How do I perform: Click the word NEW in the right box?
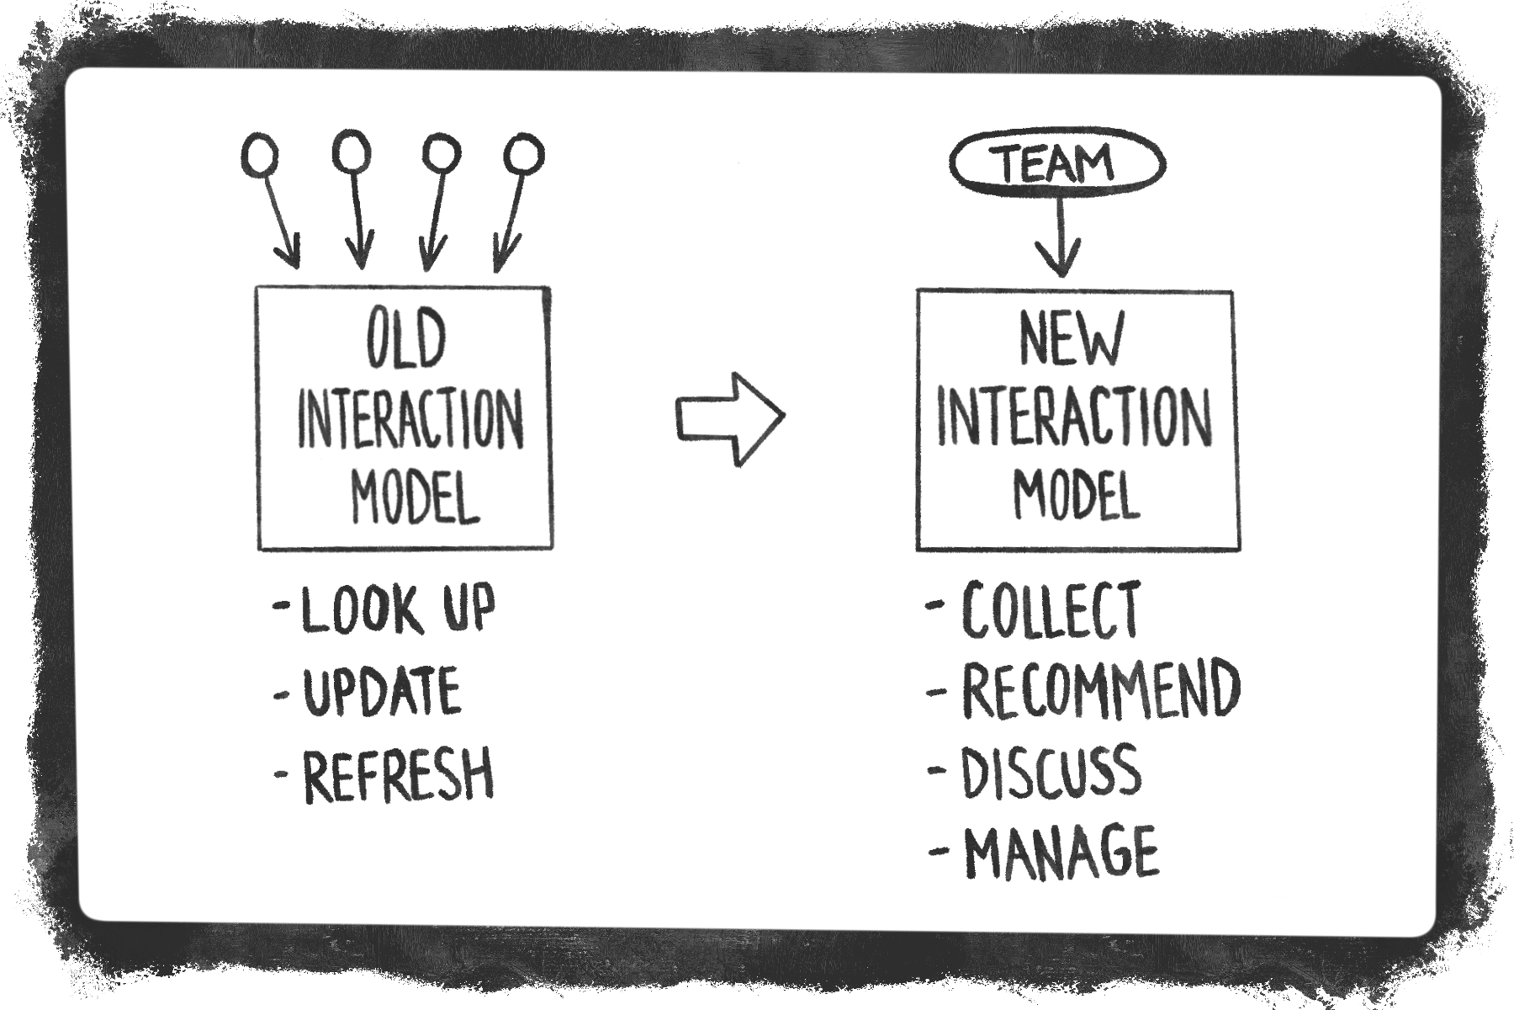click(x=1072, y=338)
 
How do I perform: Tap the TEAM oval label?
click(x=1057, y=163)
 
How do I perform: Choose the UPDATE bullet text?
click(x=381, y=692)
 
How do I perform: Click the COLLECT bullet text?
click(x=1051, y=609)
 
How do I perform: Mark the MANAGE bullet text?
click(x=1061, y=852)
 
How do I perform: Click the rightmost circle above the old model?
click(x=524, y=155)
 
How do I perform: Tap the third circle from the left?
click(x=441, y=154)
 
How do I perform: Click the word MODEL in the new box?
click(x=1077, y=493)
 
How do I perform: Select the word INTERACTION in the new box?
click(x=1074, y=418)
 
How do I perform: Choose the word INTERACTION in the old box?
click(x=410, y=419)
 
